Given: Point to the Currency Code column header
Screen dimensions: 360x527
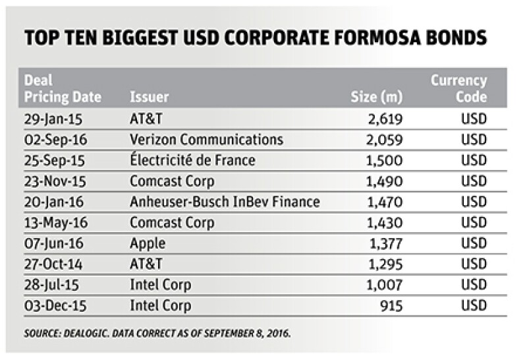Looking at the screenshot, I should [458, 89].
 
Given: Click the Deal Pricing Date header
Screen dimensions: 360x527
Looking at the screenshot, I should [63, 89].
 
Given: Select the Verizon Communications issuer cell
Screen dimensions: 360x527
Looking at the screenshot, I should [207, 140].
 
